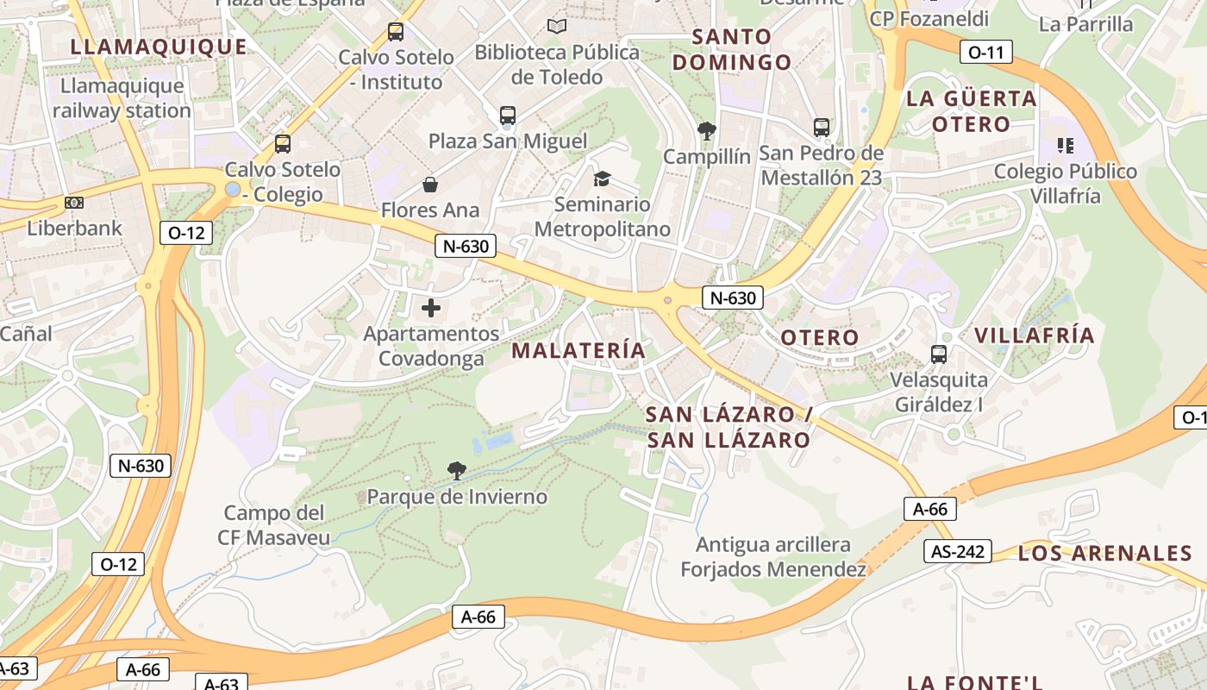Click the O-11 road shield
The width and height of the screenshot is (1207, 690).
[986, 52]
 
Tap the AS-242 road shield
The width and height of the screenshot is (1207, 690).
[957, 551]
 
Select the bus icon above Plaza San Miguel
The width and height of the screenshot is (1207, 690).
[508, 115]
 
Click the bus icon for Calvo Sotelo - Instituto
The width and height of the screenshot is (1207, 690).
[396, 32]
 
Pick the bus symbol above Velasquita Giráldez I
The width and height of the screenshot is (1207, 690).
[939, 354]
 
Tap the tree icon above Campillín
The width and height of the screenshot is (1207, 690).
[707, 131]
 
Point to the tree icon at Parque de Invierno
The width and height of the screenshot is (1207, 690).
[457, 471]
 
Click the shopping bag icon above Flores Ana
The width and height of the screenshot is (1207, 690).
[430, 185]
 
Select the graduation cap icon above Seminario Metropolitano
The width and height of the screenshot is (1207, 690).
[602, 179]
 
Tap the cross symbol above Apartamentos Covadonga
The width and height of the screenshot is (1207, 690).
[431, 308]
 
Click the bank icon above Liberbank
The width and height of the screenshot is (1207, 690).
[75, 204]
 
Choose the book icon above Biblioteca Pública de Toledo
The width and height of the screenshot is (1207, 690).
[557, 27]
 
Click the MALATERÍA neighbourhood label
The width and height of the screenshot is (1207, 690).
[578, 350]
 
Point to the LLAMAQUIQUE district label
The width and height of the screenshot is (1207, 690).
[159, 47]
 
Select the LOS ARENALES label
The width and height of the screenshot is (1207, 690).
[1104, 553]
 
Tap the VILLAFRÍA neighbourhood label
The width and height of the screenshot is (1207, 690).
[1034, 336]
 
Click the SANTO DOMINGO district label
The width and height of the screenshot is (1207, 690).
[732, 49]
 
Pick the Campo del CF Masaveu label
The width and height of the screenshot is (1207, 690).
[273, 525]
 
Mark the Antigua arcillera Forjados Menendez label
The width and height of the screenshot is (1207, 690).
[773, 557]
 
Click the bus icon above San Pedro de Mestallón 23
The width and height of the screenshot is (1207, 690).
[822, 128]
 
